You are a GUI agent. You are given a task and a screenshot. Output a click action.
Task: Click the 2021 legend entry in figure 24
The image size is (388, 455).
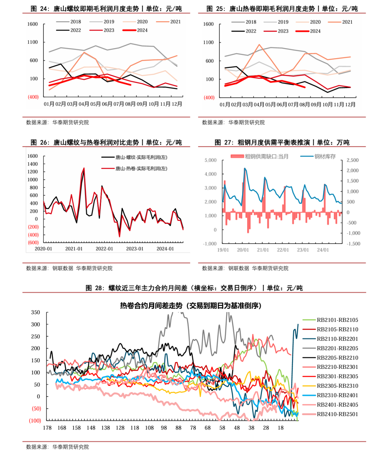[x=175, y=22]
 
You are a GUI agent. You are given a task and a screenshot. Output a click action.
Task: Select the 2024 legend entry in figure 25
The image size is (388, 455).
[x=315, y=31]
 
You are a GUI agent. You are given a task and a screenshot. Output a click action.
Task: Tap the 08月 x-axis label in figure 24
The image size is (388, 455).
[x=130, y=104]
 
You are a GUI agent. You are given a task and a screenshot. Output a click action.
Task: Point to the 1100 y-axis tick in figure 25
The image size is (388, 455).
[x=208, y=42]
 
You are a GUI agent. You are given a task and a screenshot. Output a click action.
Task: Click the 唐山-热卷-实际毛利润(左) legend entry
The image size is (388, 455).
[x=141, y=168]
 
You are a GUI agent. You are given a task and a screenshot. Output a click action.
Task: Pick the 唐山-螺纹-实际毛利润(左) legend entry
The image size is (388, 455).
[x=141, y=157]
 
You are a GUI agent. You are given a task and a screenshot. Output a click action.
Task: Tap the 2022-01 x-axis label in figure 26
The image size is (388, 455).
[x=104, y=249]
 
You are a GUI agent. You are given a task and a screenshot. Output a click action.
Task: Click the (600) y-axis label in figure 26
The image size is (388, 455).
[x=33, y=242]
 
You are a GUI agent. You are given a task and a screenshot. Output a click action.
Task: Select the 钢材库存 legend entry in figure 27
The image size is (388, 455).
[x=325, y=157]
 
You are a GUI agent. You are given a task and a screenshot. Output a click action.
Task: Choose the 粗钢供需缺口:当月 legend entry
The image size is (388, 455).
[x=267, y=157]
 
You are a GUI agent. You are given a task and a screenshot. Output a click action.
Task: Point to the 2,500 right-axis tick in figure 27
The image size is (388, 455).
[x=352, y=160]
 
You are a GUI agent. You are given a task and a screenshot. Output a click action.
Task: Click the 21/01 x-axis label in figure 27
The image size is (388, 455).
[x=263, y=250]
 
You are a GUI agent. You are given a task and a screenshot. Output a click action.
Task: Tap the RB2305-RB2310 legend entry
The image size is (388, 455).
[x=337, y=386]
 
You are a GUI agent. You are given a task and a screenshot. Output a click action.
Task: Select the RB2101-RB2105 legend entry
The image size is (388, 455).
[x=337, y=320]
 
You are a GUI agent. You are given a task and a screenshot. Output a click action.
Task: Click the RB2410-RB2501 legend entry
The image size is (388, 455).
[x=337, y=414]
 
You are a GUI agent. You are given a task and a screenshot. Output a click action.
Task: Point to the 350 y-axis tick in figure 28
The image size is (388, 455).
[x=36, y=312]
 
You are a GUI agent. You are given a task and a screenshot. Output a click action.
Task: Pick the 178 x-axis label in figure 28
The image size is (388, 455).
[x=47, y=428]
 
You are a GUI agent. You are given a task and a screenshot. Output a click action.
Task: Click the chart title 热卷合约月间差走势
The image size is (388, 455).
[x=191, y=306]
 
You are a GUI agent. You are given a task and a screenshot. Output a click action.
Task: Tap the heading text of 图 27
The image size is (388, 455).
[x=282, y=143]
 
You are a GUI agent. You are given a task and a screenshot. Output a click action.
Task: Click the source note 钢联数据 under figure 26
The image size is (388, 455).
[x=63, y=268]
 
